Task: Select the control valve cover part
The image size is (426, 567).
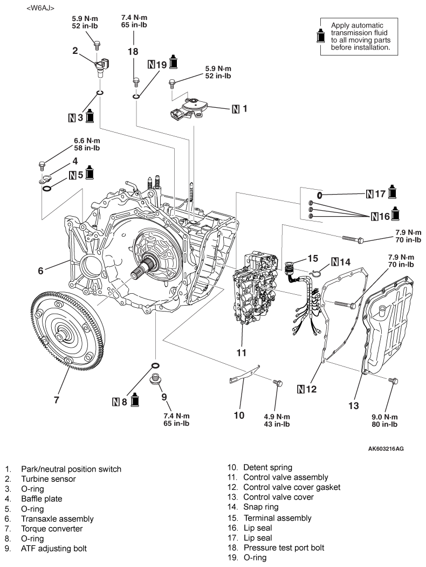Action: (x=389, y=324)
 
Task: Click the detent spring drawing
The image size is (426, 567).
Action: (x=245, y=374)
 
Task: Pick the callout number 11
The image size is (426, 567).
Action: (x=241, y=352)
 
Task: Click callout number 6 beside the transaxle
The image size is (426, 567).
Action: (x=40, y=271)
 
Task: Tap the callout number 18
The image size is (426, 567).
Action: (x=133, y=51)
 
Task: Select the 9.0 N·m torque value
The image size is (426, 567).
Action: (x=384, y=417)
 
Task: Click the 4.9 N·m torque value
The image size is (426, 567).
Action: (x=277, y=417)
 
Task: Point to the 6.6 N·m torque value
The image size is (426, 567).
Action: (x=87, y=140)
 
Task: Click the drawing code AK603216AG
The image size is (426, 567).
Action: (x=386, y=449)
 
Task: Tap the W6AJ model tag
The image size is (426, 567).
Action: (x=40, y=8)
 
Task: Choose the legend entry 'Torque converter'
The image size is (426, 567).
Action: (x=52, y=529)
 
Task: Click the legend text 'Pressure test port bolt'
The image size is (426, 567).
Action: (x=284, y=548)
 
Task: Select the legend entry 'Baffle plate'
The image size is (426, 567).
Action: (x=42, y=499)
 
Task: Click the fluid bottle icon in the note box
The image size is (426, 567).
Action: (x=321, y=35)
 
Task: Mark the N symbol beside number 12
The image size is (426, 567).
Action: (x=301, y=390)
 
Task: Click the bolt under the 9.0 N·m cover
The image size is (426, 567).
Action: (x=393, y=381)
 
